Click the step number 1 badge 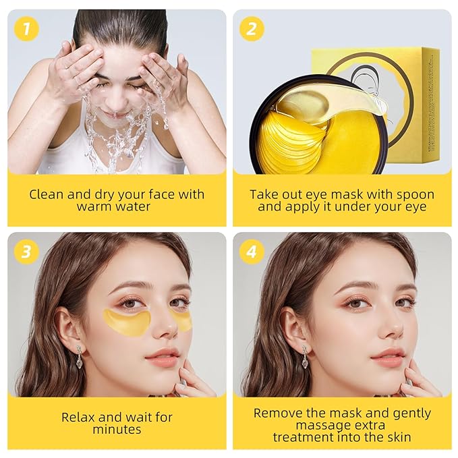[x=25, y=28]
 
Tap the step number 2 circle [x=252, y=28]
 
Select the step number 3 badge [x=25, y=251]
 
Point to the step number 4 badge [x=252, y=251]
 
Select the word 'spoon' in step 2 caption [x=412, y=194]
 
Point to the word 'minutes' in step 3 [x=116, y=430]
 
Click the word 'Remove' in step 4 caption [x=277, y=413]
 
